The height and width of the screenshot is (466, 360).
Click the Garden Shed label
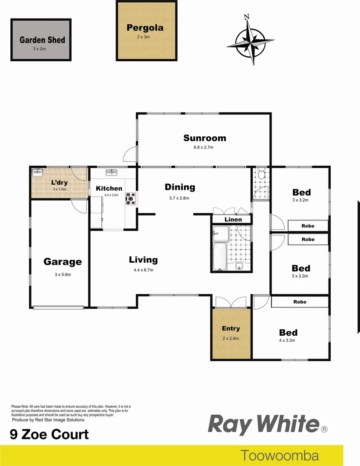42,40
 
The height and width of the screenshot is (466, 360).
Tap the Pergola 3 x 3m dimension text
144,37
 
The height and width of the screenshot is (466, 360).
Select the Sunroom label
204,138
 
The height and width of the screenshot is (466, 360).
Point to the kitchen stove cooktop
130,199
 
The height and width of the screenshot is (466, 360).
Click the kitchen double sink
111,173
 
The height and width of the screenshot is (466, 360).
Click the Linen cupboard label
233,220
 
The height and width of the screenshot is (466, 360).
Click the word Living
143,260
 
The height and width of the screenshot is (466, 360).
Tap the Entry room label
231,328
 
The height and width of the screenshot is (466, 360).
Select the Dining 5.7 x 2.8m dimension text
180,198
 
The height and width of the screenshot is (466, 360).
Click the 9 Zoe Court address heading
49,434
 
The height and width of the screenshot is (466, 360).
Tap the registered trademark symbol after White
324,429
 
